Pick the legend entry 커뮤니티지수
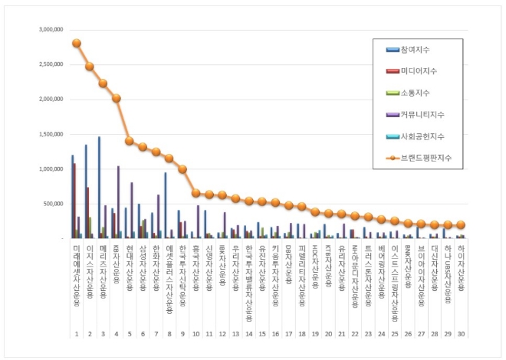(421, 114)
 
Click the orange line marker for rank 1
(77, 43)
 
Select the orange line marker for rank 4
(117, 98)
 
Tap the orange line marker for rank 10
(195, 193)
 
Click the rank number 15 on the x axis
(261, 334)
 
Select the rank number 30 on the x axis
(460, 334)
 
